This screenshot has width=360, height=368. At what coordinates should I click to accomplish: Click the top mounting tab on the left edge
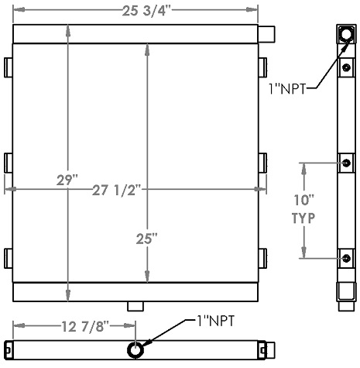tap(9, 67)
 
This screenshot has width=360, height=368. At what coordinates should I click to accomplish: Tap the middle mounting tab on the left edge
tap(9, 163)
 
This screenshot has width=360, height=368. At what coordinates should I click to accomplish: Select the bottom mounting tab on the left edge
tap(9, 258)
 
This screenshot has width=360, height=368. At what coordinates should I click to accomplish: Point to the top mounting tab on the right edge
tap(262, 67)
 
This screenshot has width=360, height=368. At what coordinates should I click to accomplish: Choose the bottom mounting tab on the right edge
tap(262, 258)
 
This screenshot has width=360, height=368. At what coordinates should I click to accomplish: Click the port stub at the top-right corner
tap(266, 36)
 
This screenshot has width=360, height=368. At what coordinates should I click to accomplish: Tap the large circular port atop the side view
tap(345, 35)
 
